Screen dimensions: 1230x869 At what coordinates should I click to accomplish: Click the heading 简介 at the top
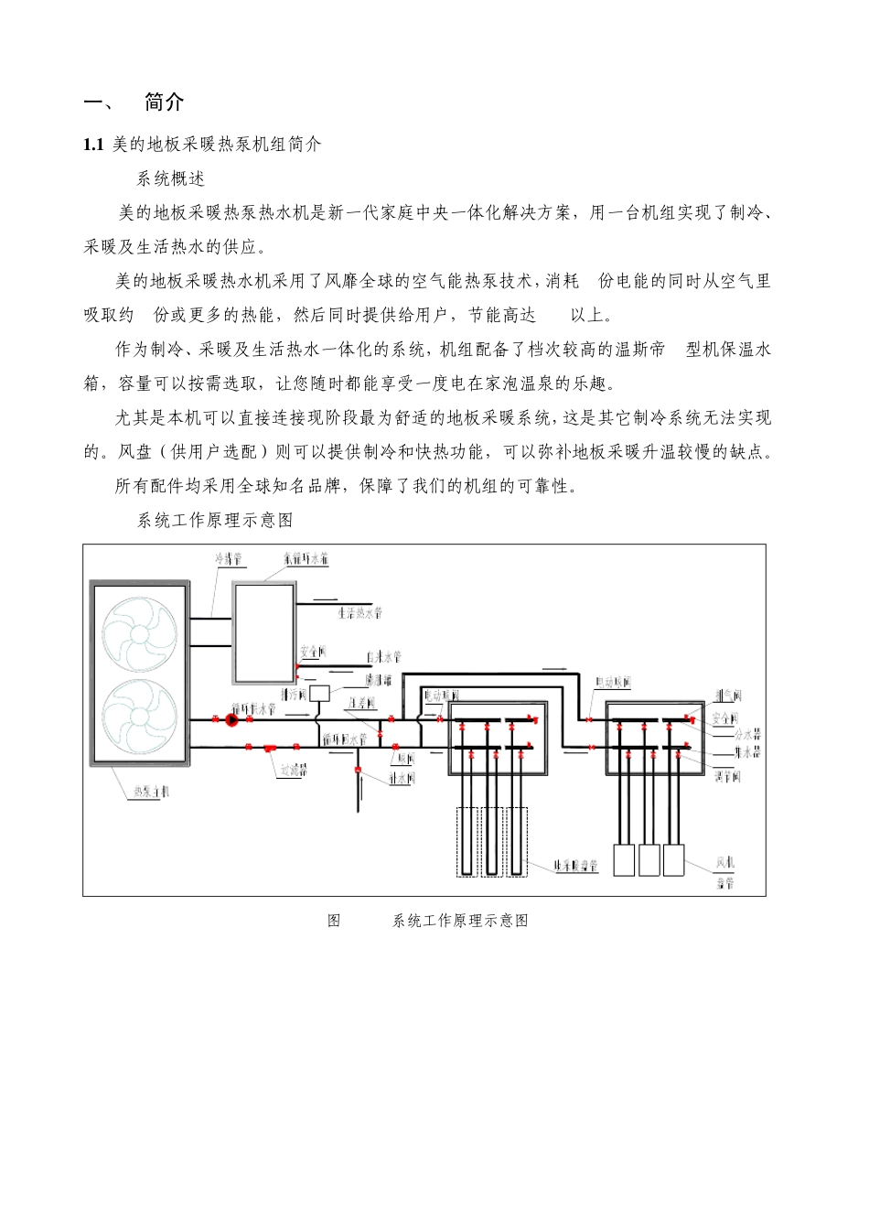(x=164, y=102)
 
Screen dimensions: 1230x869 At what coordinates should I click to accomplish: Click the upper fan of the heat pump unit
(x=140, y=634)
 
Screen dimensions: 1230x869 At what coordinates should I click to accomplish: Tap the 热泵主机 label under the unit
(x=150, y=792)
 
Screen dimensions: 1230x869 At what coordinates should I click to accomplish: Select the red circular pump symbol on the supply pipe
(x=231, y=720)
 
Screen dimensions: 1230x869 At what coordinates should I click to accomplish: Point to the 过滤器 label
(x=294, y=771)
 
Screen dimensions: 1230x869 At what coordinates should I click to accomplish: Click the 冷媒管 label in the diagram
(x=228, y=558)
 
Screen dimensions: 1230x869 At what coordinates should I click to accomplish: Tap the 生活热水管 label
(x=359, y=612)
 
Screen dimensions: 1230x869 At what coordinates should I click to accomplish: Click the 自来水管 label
(x=383, y=656)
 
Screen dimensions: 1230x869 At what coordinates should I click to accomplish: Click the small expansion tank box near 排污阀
(x=319, y=693)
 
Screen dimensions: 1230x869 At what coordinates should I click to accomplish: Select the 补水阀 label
(x=402, y=778)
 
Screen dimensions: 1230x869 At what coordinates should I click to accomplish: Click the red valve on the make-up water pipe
(x=359, y=769)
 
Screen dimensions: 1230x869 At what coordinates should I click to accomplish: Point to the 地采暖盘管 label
(x=576, y=865)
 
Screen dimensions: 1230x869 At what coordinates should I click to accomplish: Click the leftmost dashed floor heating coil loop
(x=467, y=841)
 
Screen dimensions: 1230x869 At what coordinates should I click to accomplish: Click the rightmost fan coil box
(x=673, y=859)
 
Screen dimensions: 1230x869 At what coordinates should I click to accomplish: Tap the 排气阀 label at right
(x=727, y=696)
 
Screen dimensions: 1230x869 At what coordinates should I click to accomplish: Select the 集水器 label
(x=747, y=752)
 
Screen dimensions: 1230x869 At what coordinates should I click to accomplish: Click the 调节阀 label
(x=727, y=776)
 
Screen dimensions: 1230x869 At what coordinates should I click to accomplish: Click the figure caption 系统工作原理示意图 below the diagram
(x=460, y=921)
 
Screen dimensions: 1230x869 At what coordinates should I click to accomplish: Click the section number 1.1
(x=93, y=145)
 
